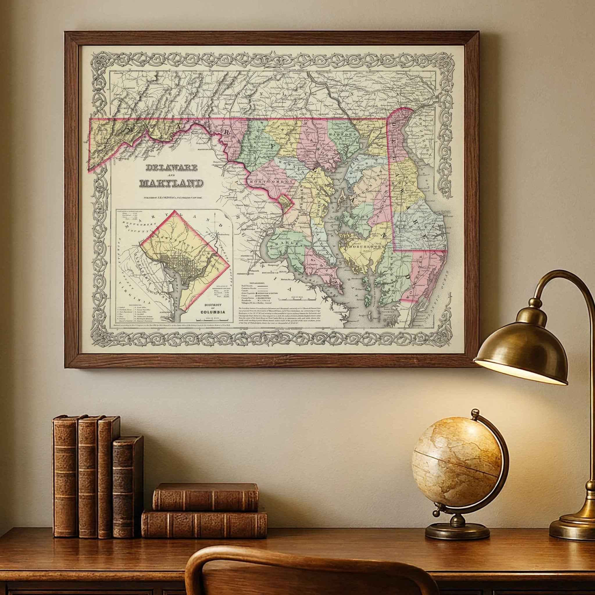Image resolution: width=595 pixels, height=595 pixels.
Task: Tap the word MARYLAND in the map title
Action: tap(171, 183)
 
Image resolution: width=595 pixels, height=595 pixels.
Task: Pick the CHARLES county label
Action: tap(283, 244)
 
